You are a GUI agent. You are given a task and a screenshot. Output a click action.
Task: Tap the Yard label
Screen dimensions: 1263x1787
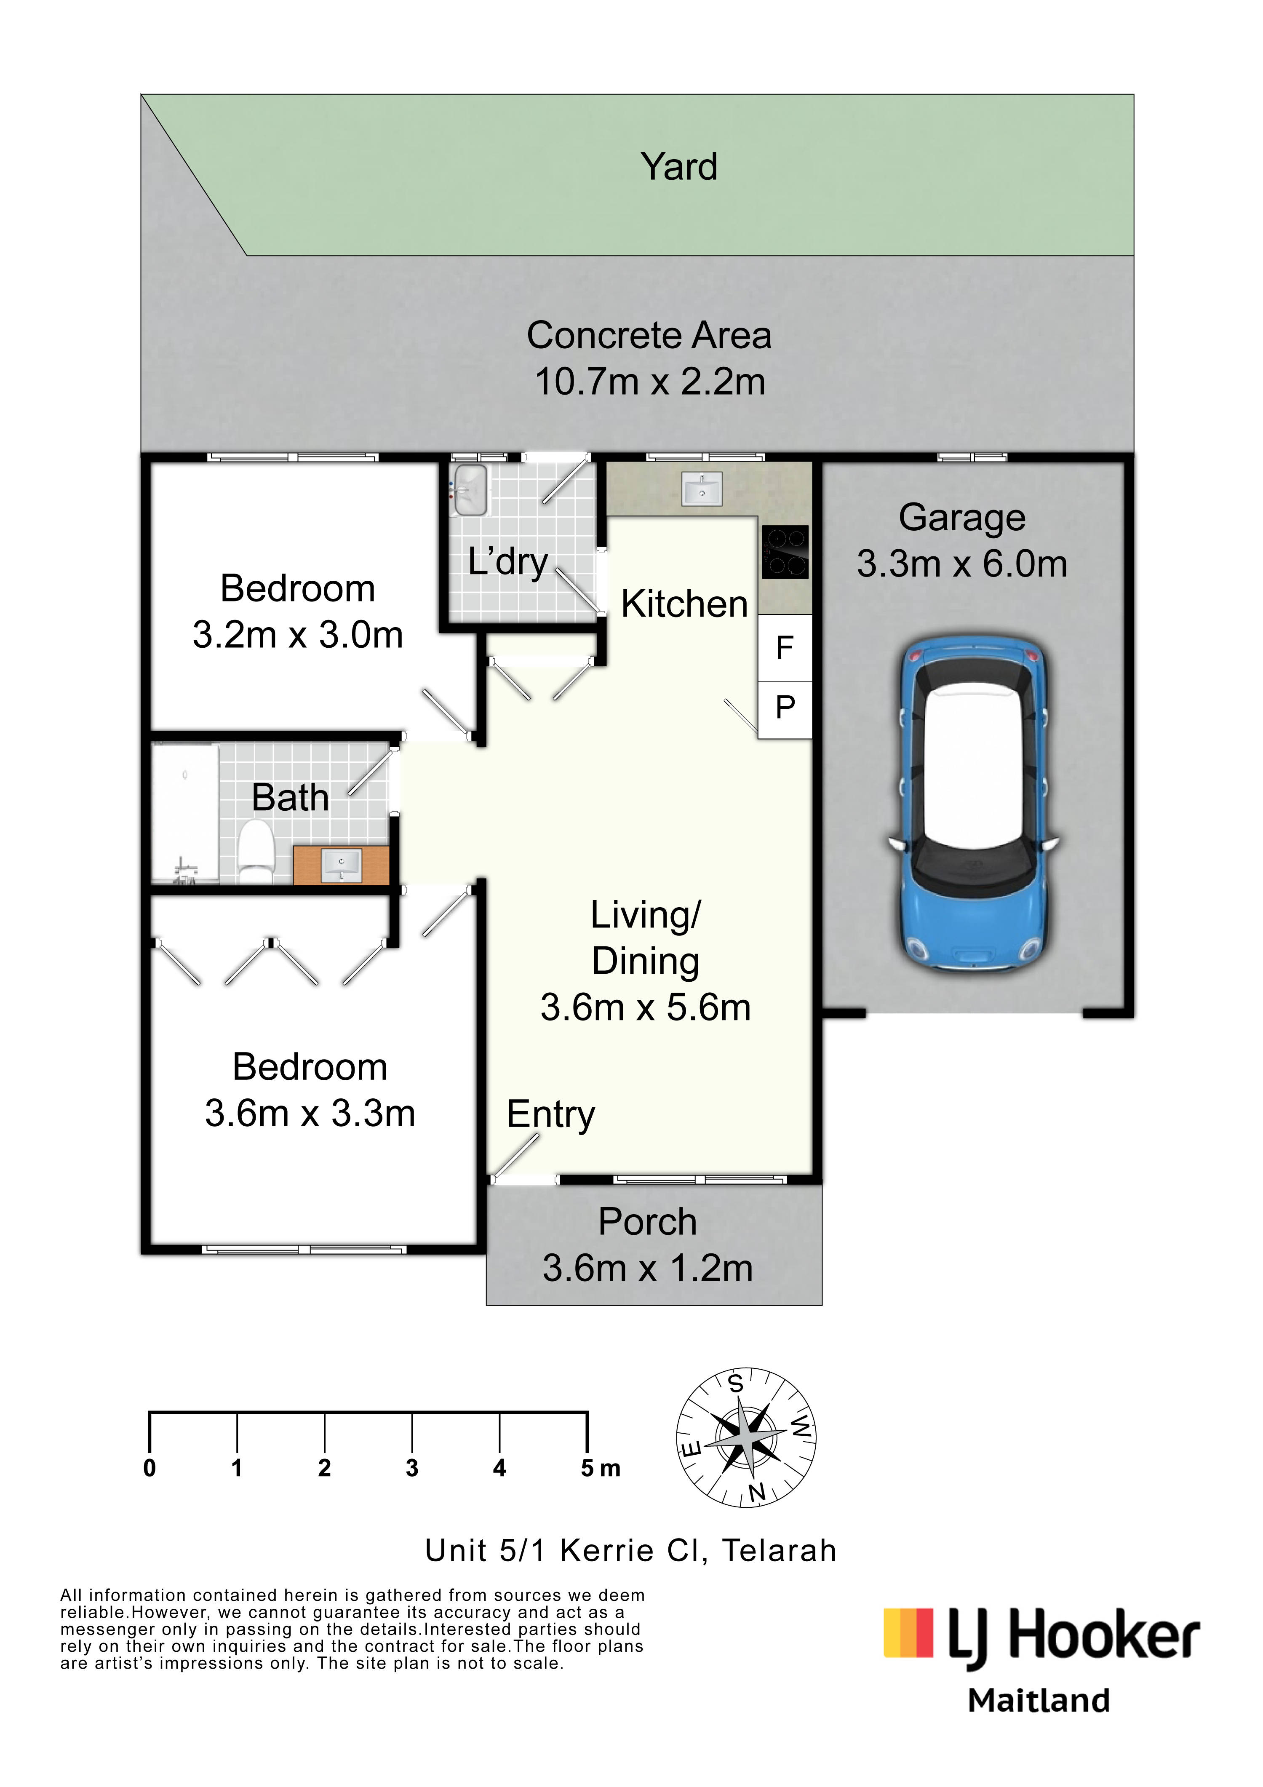678,166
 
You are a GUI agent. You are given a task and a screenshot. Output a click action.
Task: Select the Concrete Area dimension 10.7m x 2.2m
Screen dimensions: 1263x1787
650,382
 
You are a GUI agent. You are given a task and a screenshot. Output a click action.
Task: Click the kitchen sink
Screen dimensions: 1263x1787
702,489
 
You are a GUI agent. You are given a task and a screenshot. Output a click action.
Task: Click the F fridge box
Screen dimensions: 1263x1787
785,648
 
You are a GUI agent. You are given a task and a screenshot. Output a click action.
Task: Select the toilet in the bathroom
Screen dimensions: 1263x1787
255,850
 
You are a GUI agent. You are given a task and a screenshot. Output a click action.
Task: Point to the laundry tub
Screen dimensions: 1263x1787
470,490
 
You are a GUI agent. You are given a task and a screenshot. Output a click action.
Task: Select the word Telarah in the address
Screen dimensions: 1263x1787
779,1550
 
